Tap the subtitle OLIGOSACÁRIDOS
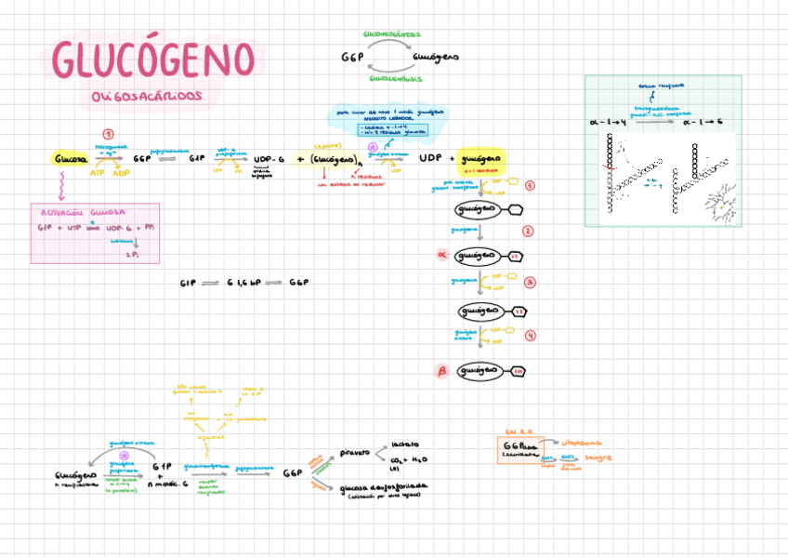[x=147, y=97]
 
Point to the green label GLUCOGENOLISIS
[x=396, y=79]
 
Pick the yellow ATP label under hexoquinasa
[x=98, y=172]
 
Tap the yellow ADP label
[x=122, y=172]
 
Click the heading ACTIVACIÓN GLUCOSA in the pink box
[x=82, y=212]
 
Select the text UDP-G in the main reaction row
[x=269, y=159]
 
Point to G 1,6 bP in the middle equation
[x=244, y=282]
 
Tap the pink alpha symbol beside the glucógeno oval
[x=442, y=254]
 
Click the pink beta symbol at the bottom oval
[x=442, y=371]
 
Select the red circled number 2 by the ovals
[x=528, y=231]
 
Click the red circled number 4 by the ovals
[x=530, y=336]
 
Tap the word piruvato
[x=355, y=453]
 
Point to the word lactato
[x=405, y=444]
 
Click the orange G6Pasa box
[x=519, y=448]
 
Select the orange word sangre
[x=598, y=458]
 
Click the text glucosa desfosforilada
[x=384, y=486]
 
